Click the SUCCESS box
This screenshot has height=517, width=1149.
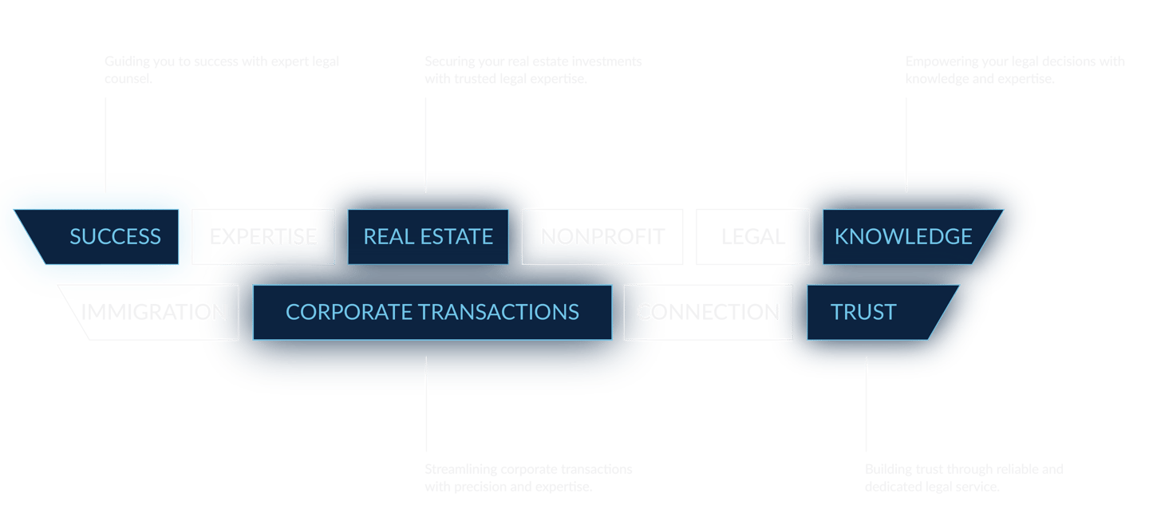click(104, 237)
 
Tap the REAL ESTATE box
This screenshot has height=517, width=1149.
click(428, 237)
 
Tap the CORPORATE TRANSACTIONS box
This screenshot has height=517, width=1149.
click(432, 312)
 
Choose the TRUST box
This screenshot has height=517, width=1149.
click(870, 312)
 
